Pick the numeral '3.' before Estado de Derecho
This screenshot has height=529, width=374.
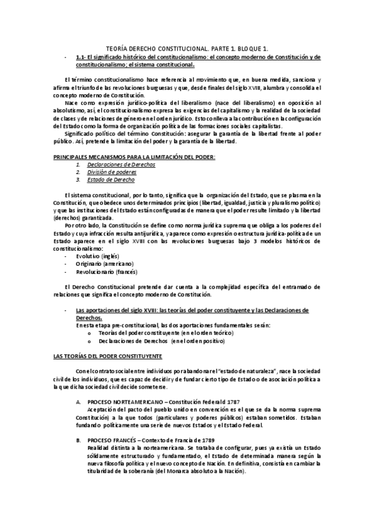(78, 179)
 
